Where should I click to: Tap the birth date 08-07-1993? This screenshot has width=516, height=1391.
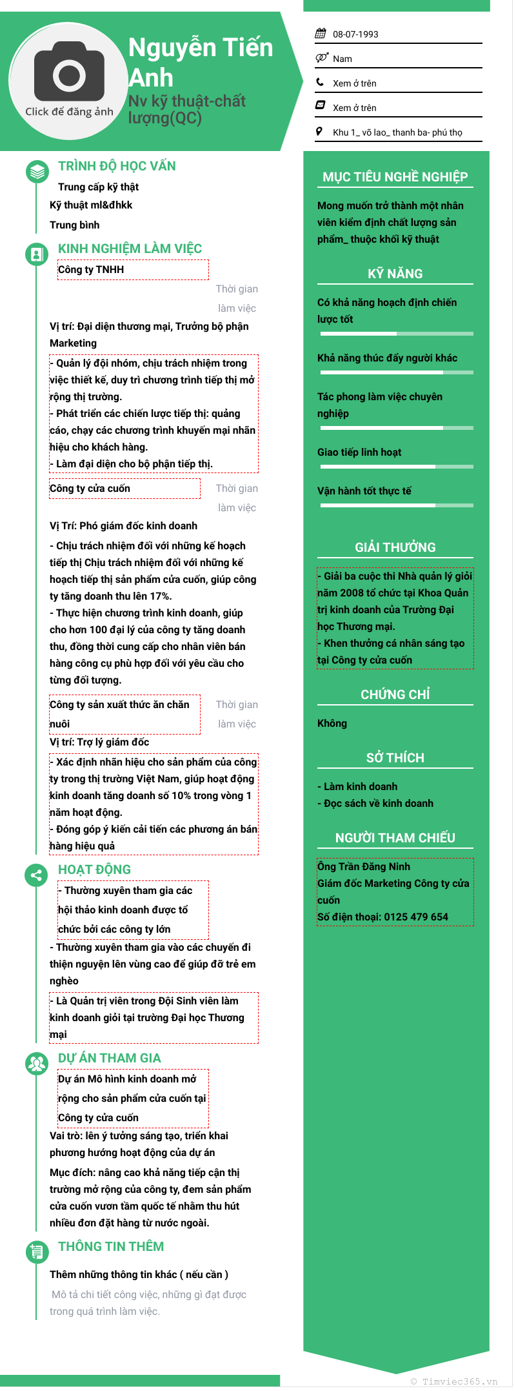pos(355,34)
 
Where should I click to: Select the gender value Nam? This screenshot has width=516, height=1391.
pos(342,59)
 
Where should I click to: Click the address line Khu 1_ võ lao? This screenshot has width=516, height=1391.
pos(397,132)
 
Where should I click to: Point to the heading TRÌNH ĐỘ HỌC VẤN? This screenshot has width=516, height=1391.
pos(117,166)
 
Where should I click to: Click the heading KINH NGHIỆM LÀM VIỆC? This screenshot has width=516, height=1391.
pos(130,249)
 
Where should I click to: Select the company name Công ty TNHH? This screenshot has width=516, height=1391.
pos(91,269)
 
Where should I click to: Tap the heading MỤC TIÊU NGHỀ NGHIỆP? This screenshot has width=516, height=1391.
pos(395,177)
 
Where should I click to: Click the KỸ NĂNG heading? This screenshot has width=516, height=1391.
pos(395,274)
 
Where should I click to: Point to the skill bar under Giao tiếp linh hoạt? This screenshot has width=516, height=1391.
pos(396,466)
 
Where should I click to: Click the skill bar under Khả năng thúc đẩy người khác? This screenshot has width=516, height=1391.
pos(396,372)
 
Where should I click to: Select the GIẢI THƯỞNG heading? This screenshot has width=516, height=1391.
pos(395,547)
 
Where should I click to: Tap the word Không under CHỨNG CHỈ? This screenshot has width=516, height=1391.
pos(332,723)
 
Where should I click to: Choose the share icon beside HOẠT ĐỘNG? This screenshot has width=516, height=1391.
pos(37,875)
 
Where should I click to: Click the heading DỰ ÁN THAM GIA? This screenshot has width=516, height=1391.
pos(110,1058)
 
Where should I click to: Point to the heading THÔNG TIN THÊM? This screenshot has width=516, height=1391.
pos(111,1246)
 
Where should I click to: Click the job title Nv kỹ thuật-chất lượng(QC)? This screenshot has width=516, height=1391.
pos(187,109)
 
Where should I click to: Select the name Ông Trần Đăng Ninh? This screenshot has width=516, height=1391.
pos(364,866)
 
